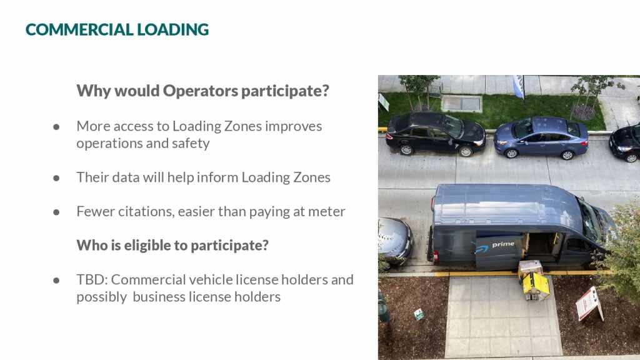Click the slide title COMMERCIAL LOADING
(117, 29)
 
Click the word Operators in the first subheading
(201, 91)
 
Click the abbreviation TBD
(92, 279)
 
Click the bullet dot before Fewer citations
(56, 212)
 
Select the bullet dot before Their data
(56, 178)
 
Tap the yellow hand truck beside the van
(534, 281)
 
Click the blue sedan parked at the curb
(541, 137)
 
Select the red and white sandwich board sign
(589, 303)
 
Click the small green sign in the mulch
(419, 314)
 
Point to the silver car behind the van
(394, 241)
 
